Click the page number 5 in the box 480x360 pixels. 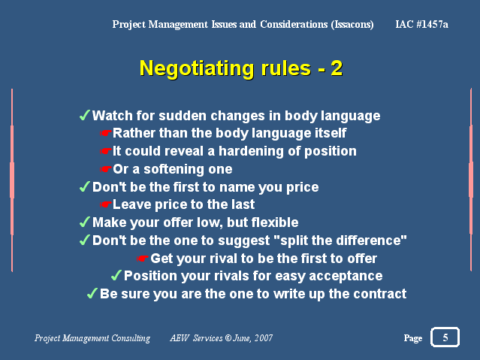tap(445, 337)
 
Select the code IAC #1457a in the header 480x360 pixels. tap(421, 24)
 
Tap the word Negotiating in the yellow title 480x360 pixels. tap(197, 68)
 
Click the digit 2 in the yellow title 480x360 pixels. tap(337, 68)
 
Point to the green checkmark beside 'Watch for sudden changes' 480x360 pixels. tap(85, 115)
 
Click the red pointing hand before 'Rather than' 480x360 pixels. tap(106, 133)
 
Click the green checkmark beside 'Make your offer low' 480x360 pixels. tap(85, 222)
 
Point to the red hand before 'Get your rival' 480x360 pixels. tap(142, 259)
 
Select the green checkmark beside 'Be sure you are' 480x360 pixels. tap(92, 293)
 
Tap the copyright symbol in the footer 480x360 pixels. tap(228, 337)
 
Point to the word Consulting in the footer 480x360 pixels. tap(131, 338)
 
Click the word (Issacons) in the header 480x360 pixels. tap(352, 25)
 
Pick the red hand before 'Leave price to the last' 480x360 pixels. tap(106, 204)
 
